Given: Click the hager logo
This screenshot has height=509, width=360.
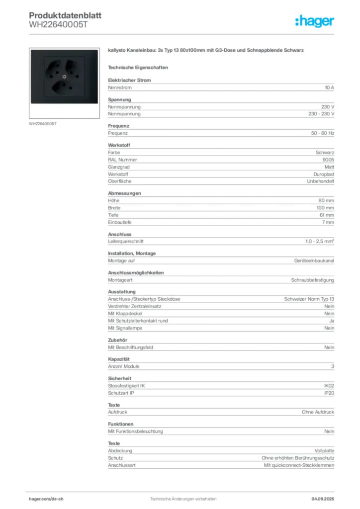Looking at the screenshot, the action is point(314,21).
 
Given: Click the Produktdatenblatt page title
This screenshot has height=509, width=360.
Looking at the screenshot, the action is point(65,15).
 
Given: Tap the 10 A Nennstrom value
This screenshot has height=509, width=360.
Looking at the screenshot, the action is point(329,87).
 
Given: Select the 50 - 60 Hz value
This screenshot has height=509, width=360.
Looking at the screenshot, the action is point(322,133).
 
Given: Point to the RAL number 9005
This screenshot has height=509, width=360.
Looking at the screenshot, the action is point(328,160).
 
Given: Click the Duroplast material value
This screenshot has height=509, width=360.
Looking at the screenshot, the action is point(324,174).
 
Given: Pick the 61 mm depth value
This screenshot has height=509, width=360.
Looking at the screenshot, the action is point(327,215).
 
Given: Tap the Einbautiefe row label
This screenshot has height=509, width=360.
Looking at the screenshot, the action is point(120,222).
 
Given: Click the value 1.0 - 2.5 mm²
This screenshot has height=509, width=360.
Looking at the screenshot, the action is point(320,241).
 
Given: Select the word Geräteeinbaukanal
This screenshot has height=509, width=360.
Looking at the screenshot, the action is point(314,260).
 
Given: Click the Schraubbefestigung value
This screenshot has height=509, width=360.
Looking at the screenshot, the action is point(312,280).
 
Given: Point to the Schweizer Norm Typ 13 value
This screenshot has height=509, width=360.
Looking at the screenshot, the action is point(309,299).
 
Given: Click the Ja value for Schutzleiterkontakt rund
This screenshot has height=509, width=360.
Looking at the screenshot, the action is point(332,321).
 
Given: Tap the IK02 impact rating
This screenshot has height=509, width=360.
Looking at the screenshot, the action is point(329,386).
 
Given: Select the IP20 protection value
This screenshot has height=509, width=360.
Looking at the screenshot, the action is point(329,393).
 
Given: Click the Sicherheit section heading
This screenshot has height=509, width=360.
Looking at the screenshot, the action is point(120,378).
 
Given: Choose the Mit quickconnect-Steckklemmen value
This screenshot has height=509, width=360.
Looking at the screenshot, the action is point(299,465).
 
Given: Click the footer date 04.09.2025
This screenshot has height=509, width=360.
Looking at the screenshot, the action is point(323,499).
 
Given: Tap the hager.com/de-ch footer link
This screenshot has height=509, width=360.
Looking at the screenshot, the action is point(46,499).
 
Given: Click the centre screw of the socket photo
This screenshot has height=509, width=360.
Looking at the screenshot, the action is point(64,77).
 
